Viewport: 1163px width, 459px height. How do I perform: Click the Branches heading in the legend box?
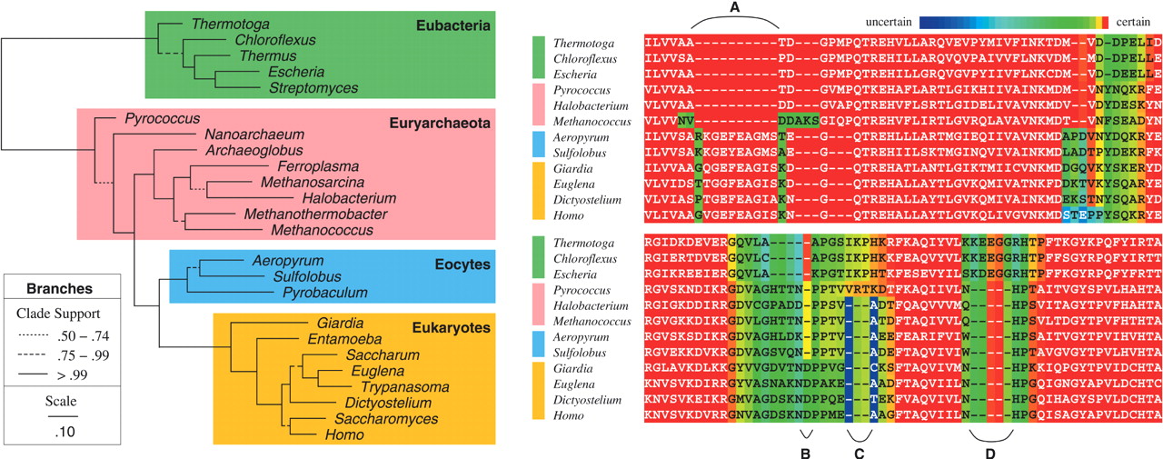pyautogui.click(x=62, y=288)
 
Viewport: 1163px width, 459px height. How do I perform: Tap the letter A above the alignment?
pyautogui.click(x=735, y=7)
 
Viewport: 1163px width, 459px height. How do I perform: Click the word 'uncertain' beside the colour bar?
pyautogui.click(x=888, y=20)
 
